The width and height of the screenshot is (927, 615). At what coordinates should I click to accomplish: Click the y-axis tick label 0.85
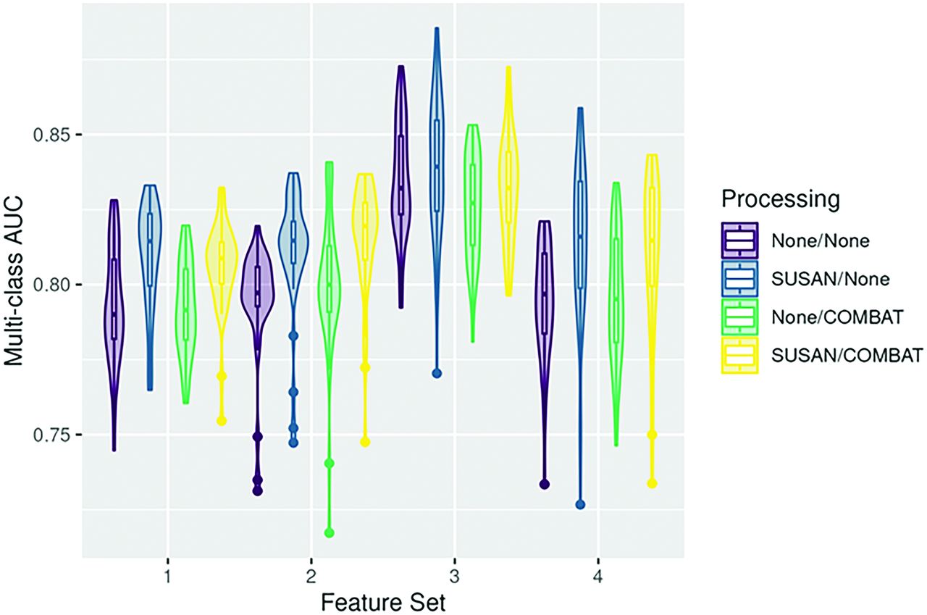tap(54, 135)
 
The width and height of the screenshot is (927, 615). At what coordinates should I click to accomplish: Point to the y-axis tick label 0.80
tap(54, 285)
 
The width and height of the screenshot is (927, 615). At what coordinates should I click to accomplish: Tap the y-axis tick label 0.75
tap(54, 435)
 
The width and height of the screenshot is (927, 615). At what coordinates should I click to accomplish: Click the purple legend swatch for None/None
tap(739, 240)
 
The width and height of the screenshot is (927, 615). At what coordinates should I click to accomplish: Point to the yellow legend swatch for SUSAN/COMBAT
tap(739, 356)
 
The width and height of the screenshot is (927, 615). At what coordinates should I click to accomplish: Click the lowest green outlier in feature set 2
tap(330, 533)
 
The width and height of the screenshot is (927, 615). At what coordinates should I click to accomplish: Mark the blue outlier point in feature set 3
tap(437, 374)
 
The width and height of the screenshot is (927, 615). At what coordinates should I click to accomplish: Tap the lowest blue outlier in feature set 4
tap(580, 505)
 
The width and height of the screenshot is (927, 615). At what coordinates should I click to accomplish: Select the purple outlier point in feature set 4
tap(545, 484)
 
